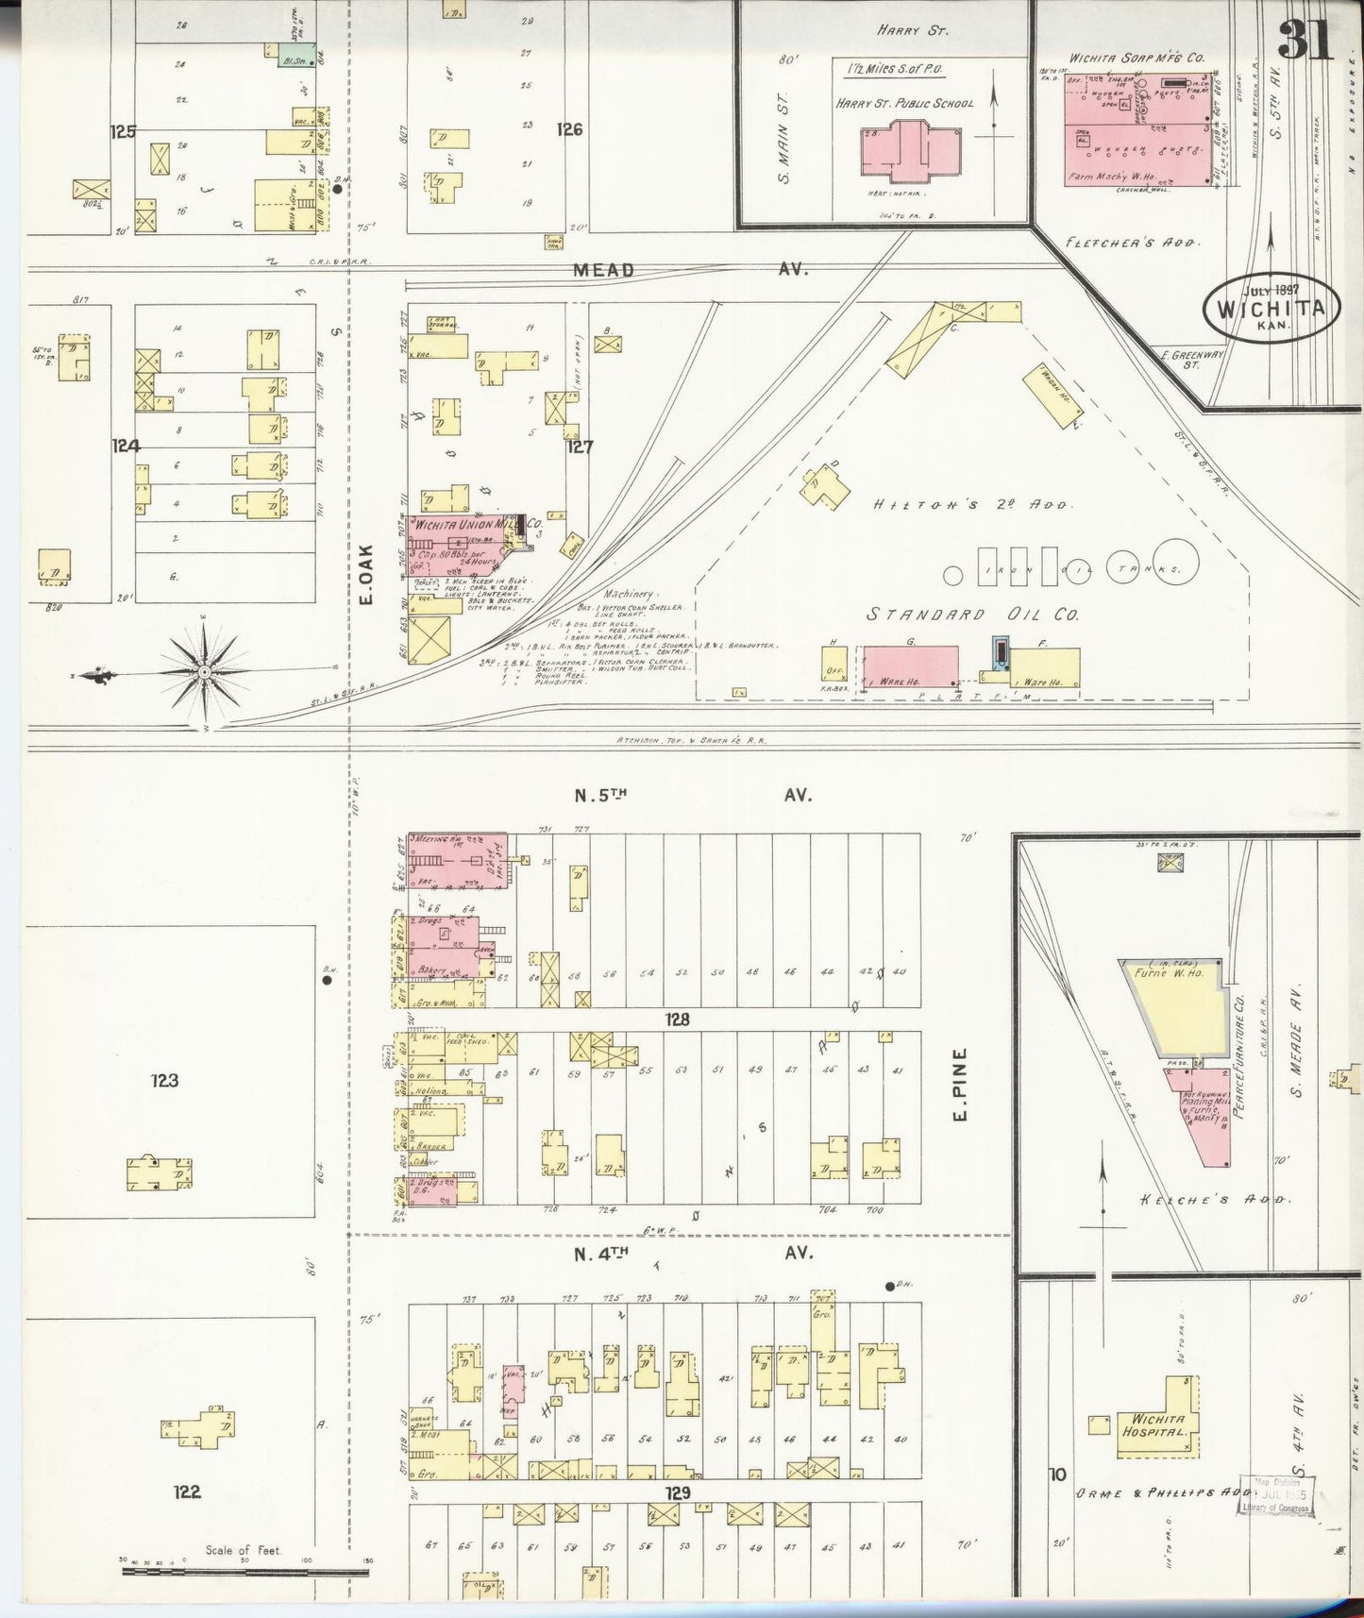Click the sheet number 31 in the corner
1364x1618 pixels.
pyautogui.click(x=1305, y=40)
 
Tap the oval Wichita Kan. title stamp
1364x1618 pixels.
pyautogui.click(x=1271, y=309)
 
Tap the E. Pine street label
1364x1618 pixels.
pyautogui.click(x=961, y=1084)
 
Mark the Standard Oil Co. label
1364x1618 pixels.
pyautogui.click(x=972, y=615)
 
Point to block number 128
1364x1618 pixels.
pyautogui.click(x=677, y=1020)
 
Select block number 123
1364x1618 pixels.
pyautogui.click(x=164, y=1080)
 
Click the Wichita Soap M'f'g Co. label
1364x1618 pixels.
pyautogui.click(x=1137, y=58)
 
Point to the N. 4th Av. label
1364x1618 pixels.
pyautogui.click(x=693, y=1253)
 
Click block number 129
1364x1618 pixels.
pyautogui.click(x=677, y=1492)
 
